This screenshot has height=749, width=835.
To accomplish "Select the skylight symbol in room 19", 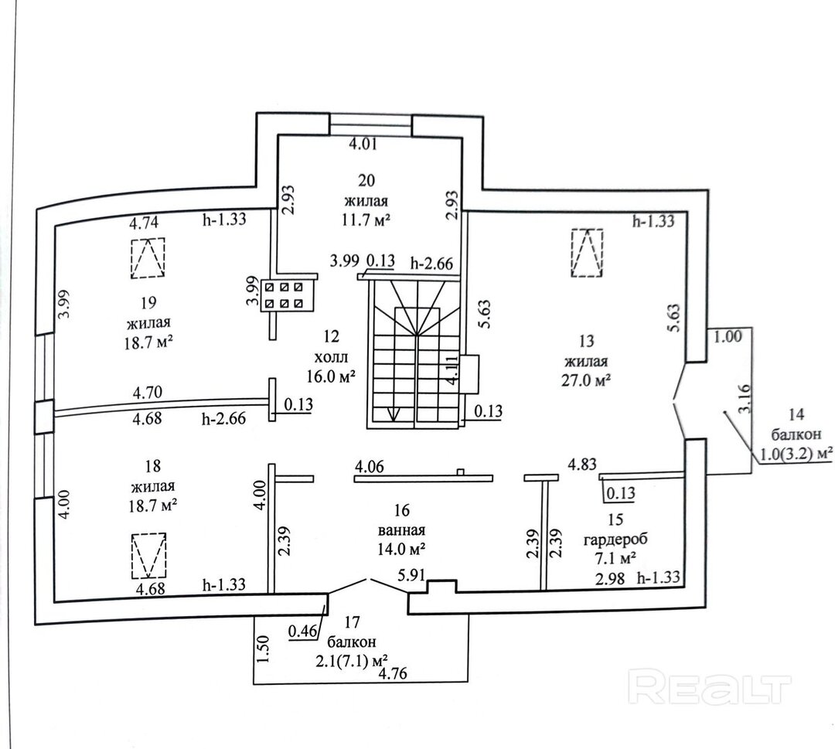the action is [148, 258].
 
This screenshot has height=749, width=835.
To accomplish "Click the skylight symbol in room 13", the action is [587, 252].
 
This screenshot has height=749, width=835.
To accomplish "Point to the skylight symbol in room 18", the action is [148, 555].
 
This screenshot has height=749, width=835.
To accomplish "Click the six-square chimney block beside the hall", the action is [285, 295].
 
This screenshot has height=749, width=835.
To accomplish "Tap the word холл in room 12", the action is [331, 356].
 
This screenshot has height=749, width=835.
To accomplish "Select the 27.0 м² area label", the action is [585, 380].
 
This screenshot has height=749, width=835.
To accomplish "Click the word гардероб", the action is [615, 540].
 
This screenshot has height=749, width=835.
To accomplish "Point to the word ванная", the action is [401, 530].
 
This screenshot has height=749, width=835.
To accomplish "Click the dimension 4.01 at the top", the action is [363, 144].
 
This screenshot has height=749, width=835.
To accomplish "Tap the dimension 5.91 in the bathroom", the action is [413, 576].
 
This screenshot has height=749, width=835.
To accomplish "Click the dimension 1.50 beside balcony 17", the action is [264, 649].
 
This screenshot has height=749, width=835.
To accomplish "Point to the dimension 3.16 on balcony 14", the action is [745, 398].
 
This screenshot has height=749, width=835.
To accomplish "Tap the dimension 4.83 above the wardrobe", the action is [582, 464].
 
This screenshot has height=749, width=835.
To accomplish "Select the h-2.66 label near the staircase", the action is [431, 263].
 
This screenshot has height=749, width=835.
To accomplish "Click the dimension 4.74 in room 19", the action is [144, 222].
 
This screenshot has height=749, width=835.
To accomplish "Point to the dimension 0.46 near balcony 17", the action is [302, 631].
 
